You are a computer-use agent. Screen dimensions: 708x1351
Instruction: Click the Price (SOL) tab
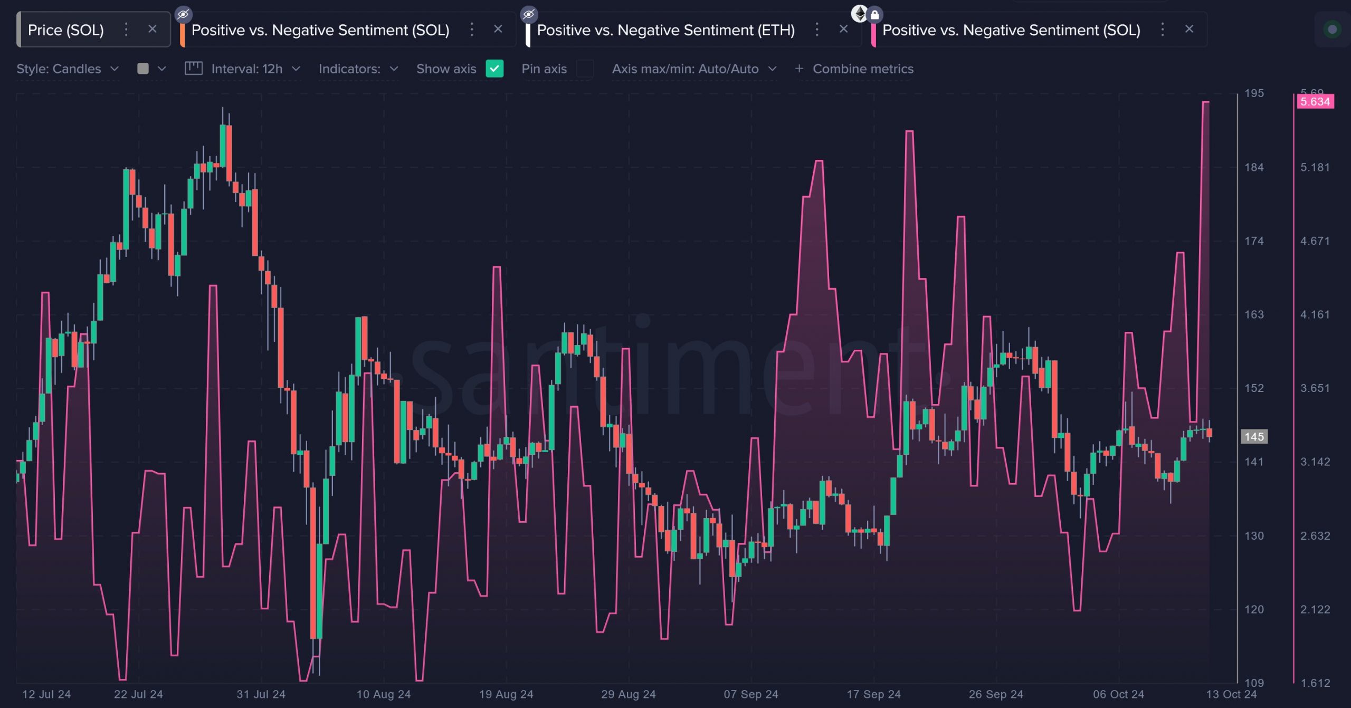(x=65, y=30)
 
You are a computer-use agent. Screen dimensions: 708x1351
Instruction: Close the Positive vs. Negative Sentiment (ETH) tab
(x=843, y=29)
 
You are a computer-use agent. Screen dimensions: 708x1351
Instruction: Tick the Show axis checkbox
(x=494, y=69)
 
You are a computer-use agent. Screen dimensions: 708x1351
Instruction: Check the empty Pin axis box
(x=585, y=69)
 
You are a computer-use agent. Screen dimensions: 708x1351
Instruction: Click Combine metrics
(x=854, y=69)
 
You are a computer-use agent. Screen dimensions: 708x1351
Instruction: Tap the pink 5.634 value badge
(x=1315, y=101)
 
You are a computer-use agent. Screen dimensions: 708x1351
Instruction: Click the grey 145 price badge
(x=1254, y=437)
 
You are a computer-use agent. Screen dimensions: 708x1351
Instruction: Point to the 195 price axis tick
(x=1254, y=93)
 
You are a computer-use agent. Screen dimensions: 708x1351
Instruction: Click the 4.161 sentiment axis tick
(x=1315, y=314)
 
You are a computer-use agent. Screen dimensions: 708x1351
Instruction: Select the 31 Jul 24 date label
(x=261, y=694)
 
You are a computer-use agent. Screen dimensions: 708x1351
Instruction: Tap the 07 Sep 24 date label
(x=750, y=694)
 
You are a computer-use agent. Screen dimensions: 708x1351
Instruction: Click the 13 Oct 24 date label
(x=1231, y=694)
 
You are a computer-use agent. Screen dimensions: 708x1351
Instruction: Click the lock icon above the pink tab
(x=874, y=14)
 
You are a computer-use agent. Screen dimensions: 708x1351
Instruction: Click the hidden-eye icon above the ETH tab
(x=529, y=14)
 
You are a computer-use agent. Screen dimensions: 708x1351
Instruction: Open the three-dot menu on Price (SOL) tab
(x=126, y=30)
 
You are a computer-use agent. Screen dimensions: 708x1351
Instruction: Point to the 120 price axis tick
(x=1254, y=609)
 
